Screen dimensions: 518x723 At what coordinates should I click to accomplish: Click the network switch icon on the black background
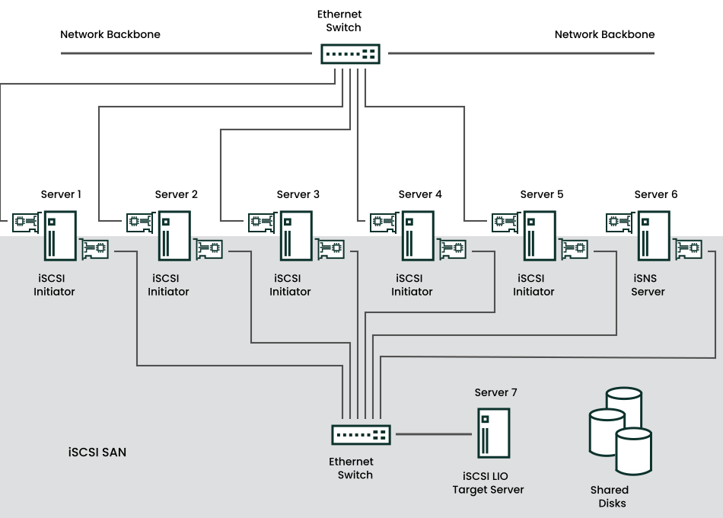click(x=350, y=54)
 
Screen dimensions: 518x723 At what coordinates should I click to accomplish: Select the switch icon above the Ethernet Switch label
click(x=361, y=435)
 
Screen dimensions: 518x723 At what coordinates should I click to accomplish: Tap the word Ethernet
click(x=351, y=462)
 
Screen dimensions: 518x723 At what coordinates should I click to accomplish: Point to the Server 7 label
click(x=495, y=392)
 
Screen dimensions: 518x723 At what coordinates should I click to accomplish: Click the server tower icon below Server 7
click(x=493, y=433)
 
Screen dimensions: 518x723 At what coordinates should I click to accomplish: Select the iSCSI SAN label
click(x=97, y=452)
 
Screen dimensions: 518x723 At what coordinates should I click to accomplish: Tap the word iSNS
click(x=645, y=278)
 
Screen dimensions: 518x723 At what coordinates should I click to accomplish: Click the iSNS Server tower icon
click(x=654, y=236)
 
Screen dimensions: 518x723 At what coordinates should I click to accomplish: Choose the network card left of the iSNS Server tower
click(x=619, y=222)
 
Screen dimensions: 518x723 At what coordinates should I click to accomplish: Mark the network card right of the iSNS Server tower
click(x=688, y=248)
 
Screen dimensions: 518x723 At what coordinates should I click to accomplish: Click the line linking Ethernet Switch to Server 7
click(x=433, y=434)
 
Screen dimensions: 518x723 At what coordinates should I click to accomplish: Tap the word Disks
click(x=612, y=503)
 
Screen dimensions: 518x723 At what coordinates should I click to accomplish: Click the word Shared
click(x=610, y=490)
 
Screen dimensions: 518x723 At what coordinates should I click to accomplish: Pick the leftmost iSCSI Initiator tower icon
click(x=60, y=236)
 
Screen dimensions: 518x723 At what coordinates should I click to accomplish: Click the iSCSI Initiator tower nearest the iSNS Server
click(x=540, y=236)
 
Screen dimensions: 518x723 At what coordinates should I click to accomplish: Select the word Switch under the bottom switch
click(x=355, y=475)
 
